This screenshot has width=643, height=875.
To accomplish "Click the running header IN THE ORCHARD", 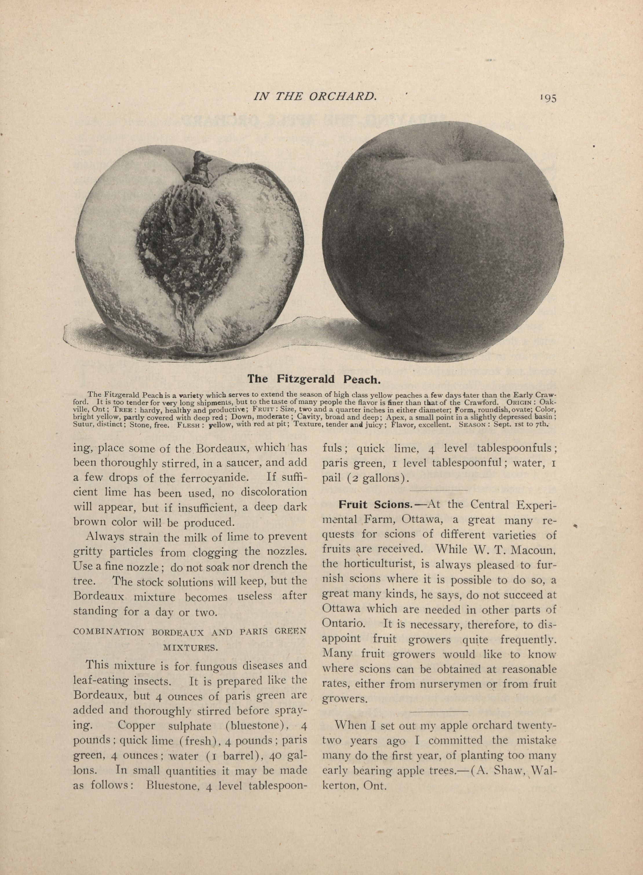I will (x=315, y=96).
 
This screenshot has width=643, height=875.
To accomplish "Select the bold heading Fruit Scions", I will (x=375, y=505).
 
